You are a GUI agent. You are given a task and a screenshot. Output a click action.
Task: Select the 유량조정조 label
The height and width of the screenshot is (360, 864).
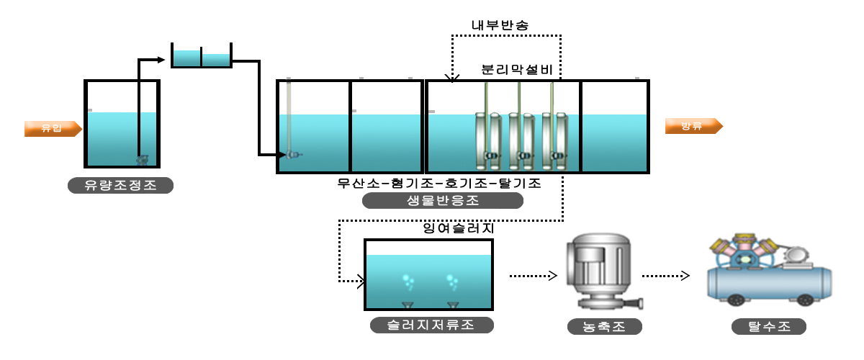(121, 186)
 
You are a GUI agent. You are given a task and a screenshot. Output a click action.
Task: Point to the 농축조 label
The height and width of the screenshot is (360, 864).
(603, 327)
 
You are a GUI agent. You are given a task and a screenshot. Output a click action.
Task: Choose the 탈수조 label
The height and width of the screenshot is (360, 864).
(768, 327)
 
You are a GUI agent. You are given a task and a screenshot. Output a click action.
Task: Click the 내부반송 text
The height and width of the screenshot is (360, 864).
(500, 25)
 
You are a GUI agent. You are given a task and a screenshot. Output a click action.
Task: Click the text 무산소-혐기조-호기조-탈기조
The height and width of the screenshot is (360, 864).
(439, 183)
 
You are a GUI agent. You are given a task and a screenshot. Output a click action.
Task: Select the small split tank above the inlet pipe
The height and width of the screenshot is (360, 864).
(201, 56)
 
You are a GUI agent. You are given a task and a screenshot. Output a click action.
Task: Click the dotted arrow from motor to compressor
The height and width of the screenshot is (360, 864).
(666, 275)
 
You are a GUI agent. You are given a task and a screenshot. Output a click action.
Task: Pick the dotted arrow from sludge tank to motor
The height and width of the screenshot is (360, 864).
(534, 275)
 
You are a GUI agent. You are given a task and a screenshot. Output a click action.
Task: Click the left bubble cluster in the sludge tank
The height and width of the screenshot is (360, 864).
(408, 281)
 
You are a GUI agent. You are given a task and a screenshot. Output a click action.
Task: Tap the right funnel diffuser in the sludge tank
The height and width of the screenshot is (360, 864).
(453, 305)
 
